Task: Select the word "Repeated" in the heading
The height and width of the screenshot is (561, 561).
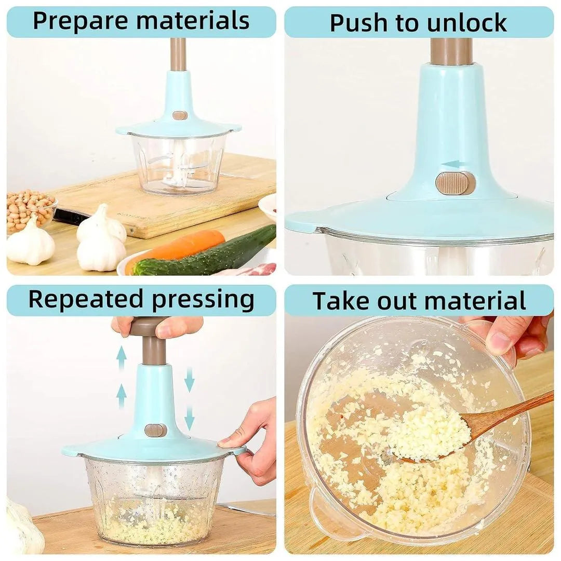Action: point(85,300)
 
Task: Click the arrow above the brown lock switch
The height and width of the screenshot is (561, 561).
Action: point(450,165)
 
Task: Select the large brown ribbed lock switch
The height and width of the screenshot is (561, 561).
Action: point(456,183)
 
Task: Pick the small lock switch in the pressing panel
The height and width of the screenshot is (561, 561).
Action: point(155,430)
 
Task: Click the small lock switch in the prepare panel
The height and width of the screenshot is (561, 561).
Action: point(180,115)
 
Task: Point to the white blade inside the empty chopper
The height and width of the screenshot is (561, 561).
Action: point(171,169)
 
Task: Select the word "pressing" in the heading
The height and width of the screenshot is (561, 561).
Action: point(204,300)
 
